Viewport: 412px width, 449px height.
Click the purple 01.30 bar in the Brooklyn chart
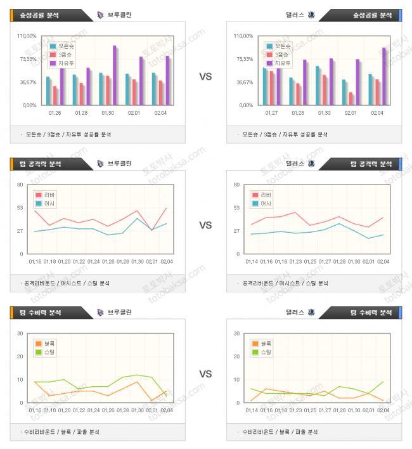115,75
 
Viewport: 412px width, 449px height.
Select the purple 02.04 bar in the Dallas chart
383,76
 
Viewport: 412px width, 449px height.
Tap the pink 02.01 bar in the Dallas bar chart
351,99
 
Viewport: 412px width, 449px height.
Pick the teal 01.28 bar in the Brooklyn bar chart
74,90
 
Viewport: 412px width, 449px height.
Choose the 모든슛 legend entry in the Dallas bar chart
278,46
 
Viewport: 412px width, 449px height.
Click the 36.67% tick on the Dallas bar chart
244,82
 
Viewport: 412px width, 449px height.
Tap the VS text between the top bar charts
205,77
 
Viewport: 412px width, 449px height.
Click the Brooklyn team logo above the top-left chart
100,15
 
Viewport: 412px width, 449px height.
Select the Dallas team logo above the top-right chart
311,15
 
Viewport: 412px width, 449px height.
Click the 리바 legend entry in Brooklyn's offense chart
47,195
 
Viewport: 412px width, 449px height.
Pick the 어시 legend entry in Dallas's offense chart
262,204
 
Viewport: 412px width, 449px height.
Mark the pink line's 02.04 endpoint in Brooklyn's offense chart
167,208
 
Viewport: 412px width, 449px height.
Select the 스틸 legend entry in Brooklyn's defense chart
47,351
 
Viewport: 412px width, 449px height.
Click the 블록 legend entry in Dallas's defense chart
262,343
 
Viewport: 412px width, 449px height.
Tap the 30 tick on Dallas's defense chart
236,334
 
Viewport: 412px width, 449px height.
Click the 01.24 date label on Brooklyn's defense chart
94,410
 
